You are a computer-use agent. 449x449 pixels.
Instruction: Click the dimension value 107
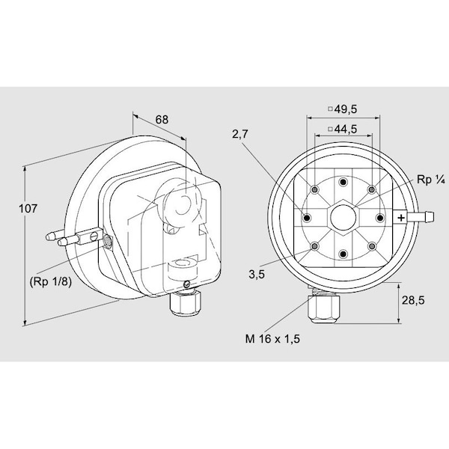tap(28, 209)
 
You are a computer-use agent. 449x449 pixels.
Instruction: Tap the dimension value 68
tap(162, 120)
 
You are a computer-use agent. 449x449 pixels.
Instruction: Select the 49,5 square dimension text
tap(343, 109)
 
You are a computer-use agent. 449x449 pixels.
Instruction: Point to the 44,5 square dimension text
tap(343, 129)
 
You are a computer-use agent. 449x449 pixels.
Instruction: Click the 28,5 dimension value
tap(413, 300)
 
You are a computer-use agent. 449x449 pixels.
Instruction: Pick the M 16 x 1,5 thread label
tap(272, 339)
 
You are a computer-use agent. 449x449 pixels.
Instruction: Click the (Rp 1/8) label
tap(51, 282)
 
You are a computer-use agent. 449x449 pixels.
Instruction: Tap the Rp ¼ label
tap(430, 180)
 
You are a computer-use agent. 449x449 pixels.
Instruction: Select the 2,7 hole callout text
tap(240, 134)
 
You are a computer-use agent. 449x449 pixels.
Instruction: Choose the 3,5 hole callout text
tap(257, 275)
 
